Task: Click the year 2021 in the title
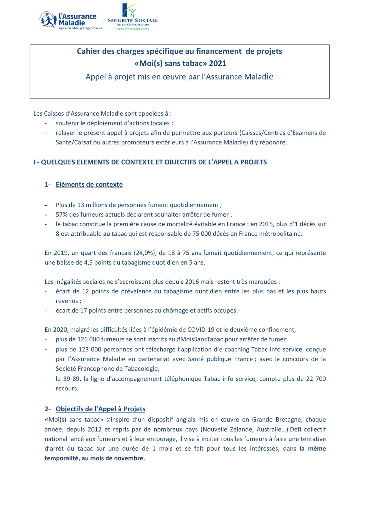tap(218, 64)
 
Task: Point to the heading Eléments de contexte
tap(89, 185)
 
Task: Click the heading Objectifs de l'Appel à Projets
tap(100, 409)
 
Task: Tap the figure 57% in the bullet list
tap(62, 215)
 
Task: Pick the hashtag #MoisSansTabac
tap(200, 339)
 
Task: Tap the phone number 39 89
tap(71, 379)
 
